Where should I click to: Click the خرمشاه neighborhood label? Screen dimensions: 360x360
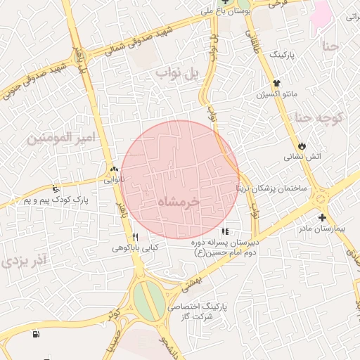179,201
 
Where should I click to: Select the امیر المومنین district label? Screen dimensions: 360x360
60,138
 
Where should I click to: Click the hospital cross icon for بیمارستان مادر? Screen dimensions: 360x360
321,218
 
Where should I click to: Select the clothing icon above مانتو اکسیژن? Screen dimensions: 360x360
276,83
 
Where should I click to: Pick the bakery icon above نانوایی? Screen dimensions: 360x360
114,169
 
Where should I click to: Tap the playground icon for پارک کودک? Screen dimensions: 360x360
56,188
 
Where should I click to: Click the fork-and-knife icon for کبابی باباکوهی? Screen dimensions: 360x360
135,237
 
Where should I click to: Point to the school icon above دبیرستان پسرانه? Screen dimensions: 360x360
225,231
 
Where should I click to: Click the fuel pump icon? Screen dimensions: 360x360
36,333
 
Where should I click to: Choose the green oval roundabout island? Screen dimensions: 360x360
148,300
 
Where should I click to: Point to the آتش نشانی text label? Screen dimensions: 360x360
302,157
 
